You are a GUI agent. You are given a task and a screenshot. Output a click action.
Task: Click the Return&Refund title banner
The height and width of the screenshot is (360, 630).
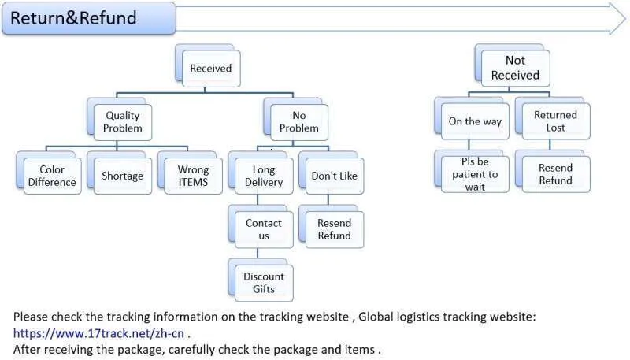[89, 18]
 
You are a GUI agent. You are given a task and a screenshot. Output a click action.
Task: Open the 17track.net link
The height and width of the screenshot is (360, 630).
[99, 333]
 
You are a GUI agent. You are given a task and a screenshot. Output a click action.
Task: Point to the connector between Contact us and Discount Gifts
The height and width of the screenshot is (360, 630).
[258, 253]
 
